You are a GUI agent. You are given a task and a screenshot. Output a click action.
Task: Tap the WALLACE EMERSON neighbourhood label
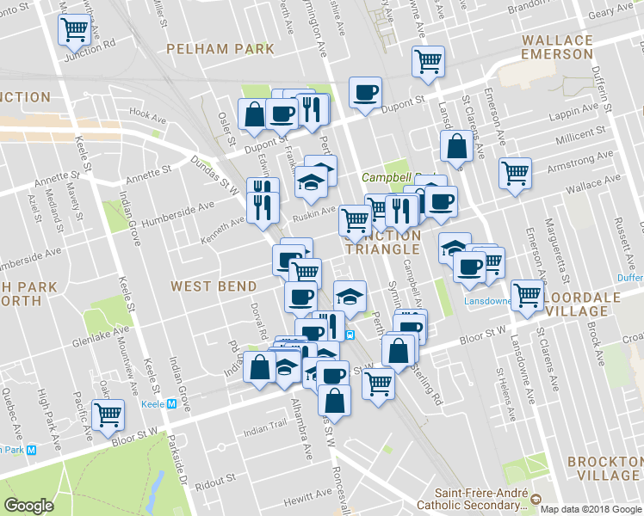pyautogui.click(x=557, y=47)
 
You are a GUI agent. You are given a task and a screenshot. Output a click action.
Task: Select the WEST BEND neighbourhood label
pyautogui.click(x=214, y=286)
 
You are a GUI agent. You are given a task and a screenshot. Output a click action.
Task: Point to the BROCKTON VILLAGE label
pyautogui.click(x=604, y=469)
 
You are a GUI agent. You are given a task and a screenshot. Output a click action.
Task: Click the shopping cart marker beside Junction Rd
pyautogui.click(x=75, y=31)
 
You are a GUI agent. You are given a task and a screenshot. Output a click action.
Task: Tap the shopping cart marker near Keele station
pyautogui.click(x=108, y=415)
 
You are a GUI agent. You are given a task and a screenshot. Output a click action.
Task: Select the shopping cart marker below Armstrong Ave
pyautogui.click(x=515, y=172)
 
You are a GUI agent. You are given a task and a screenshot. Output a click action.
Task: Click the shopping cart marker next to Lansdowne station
pyautogui.click(x=527, y=294)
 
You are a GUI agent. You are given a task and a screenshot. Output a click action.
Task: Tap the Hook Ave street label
pyautogui.click(x=147, y=114)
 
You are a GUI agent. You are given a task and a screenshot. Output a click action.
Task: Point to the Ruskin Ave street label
pyautogui.click(x=315, y=210)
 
